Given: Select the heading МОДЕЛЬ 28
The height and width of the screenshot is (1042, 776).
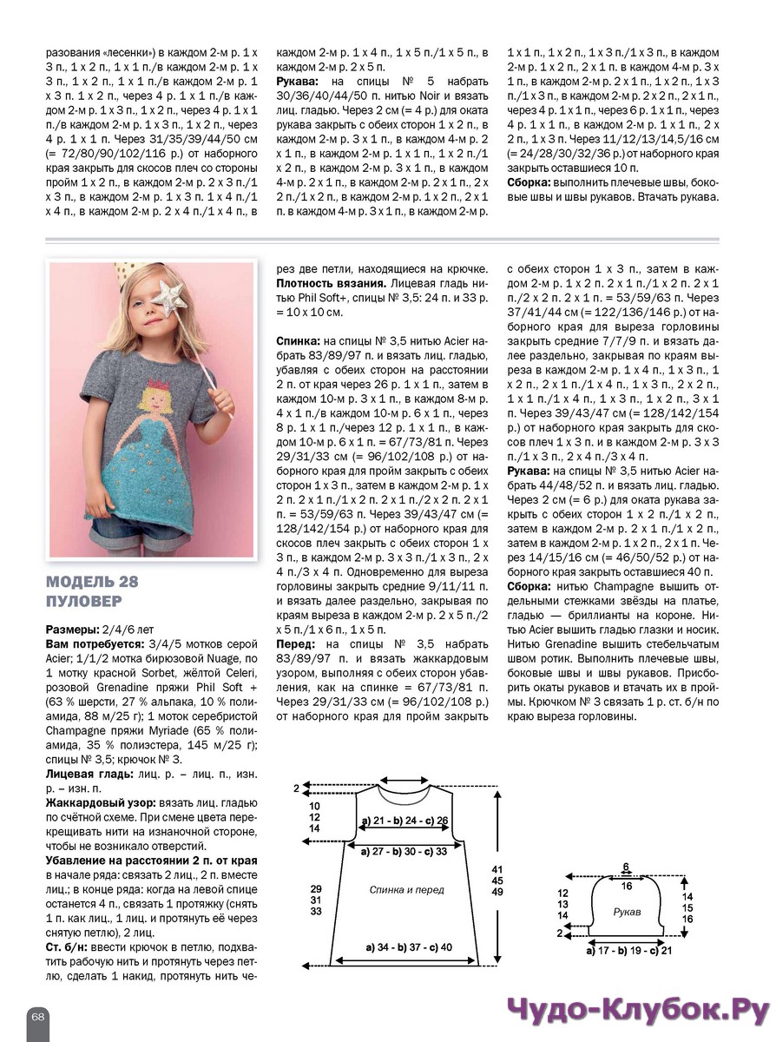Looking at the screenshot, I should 92,581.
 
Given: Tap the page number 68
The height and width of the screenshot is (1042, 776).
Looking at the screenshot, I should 38,1016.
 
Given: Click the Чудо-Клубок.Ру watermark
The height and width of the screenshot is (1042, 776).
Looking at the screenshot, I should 637,1012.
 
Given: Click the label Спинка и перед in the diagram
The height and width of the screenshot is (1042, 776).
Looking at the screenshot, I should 406,890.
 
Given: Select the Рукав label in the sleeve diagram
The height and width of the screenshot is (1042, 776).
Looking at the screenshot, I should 627,913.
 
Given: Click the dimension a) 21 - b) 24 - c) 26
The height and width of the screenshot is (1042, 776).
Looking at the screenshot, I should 404,820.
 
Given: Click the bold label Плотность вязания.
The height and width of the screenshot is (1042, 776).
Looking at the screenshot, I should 331,283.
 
